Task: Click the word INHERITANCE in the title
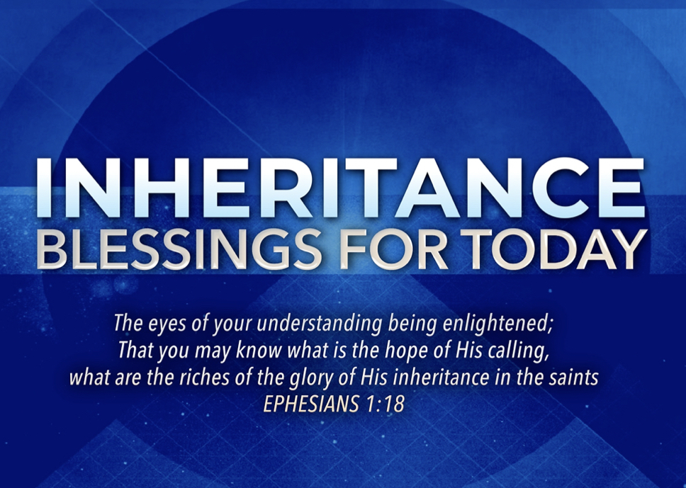point(340,188)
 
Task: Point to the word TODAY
point(566,249)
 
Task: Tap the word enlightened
point(498,324)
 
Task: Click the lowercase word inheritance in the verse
point(441,378)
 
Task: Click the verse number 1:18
point(385,404)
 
